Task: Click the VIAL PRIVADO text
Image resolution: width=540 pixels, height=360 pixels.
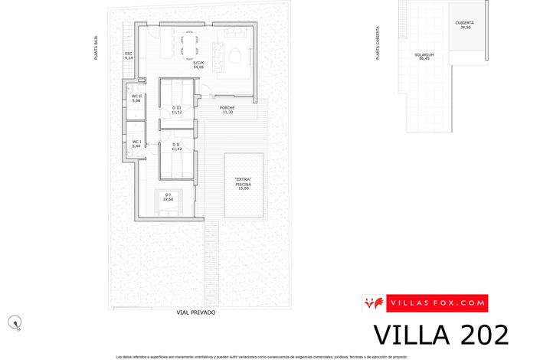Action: (196, 313)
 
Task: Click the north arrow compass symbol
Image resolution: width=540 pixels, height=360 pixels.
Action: (15, 322)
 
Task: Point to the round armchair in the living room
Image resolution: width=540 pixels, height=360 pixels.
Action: (234, 54)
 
